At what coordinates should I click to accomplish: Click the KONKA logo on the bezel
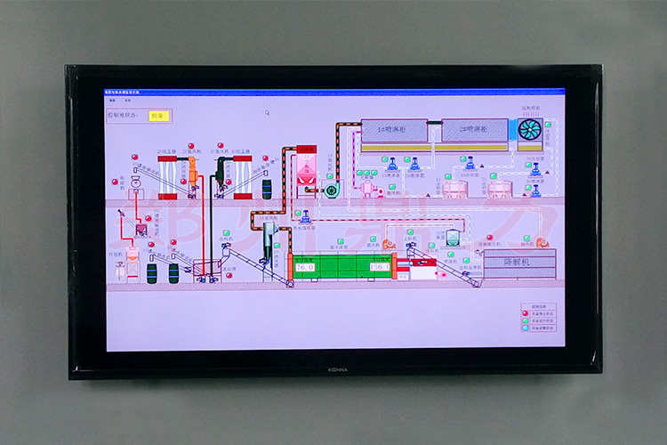337,368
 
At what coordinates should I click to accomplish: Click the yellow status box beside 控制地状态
159,115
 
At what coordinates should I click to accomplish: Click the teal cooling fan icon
529,129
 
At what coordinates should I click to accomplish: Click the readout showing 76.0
305,266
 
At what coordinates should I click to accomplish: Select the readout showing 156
380,266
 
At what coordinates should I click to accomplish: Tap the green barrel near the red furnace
331,189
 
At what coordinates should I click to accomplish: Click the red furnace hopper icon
306,167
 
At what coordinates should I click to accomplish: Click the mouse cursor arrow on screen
267,112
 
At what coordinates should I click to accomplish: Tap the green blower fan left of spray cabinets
331,189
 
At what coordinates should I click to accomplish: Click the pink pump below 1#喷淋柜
366,189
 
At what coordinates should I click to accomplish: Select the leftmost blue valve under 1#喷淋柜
391,163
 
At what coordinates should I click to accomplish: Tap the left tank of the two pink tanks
454,189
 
